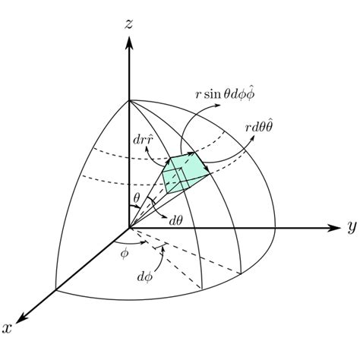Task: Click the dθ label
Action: click(x=176, y=220)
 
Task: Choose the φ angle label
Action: click(x=125, y=253)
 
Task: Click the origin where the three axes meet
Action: click(x=129, y=226)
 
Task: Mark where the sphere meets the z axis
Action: click(x=129, y=99)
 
